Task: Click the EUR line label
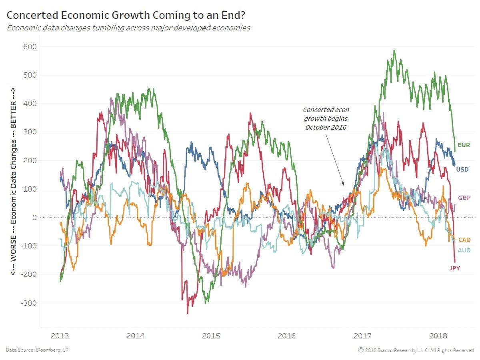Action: click(464, 145)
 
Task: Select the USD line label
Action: click(462, 170)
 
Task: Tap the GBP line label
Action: click(464, 198)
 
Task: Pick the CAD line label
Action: click(464, 240)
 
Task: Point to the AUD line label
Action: click(464, 250)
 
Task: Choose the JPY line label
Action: click(454, 268)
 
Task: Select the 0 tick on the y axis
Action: click(34, 218)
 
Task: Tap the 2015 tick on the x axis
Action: click(211, 336)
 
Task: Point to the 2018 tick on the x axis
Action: click(438, 336)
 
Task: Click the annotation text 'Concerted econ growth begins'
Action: click(326, 114)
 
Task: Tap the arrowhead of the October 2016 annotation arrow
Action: click(343, 184)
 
